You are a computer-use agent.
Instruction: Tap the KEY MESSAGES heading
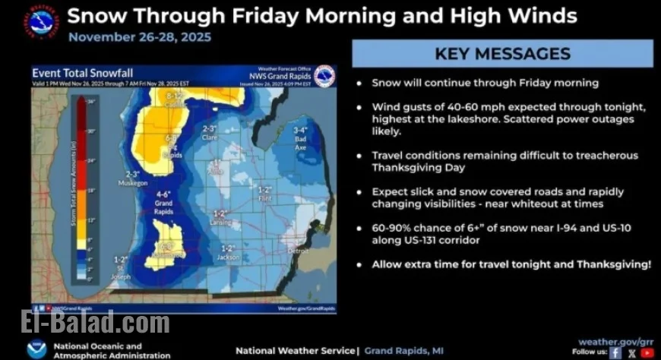502,53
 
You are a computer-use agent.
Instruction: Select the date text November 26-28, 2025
140,36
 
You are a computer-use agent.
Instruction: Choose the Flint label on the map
265,197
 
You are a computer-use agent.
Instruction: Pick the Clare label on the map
210,137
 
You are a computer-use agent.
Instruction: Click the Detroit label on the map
299,250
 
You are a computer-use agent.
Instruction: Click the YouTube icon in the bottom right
647,352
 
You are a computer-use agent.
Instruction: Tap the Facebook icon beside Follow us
616,352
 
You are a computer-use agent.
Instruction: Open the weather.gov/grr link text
615,342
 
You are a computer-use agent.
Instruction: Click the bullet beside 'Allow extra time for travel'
359,265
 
